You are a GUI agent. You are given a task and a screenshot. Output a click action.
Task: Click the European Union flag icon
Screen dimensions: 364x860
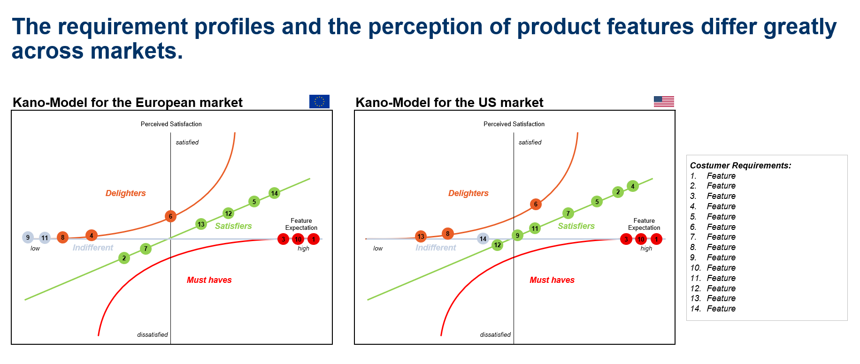point(319,101)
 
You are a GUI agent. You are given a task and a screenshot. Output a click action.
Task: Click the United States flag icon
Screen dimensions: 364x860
point(664,101)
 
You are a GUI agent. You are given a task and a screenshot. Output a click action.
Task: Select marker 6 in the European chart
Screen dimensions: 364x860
point(170,216)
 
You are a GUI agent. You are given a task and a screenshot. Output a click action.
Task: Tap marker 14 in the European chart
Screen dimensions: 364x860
point(275,193)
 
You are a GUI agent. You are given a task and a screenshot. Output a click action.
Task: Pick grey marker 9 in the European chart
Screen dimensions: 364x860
point(28,237)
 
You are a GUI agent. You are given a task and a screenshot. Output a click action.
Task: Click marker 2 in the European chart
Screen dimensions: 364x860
point(124,258)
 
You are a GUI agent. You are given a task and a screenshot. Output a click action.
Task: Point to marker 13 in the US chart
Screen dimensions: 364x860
point(421,236)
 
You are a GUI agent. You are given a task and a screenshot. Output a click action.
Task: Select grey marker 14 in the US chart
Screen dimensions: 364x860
point(483,239)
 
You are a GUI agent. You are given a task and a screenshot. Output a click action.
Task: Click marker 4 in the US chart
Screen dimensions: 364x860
point(633,186)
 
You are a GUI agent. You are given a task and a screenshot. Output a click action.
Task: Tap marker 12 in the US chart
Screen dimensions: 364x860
point(498,245)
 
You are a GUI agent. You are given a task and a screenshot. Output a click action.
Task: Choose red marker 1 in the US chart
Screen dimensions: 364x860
point(656,239)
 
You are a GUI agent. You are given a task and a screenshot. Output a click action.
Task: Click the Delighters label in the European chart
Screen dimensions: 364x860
point(125,193)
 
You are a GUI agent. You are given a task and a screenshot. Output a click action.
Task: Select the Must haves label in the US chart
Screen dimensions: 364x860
point(552,280)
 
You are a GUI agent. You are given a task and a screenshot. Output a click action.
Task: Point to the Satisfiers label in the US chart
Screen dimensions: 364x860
point(576,226)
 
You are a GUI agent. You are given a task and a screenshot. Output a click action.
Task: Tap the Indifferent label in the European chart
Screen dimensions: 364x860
point(93,248)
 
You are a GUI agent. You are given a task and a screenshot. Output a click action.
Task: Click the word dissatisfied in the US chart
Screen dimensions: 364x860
point(495,334)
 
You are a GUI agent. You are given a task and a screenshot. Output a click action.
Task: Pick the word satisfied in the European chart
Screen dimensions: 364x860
point(187,142)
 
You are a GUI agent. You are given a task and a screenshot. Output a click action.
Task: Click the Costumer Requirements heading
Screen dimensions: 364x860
point(740,166)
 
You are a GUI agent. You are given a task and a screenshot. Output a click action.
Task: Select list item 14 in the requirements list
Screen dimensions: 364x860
point(713,309)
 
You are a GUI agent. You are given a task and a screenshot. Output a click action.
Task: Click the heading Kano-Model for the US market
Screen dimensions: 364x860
point(449,102)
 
